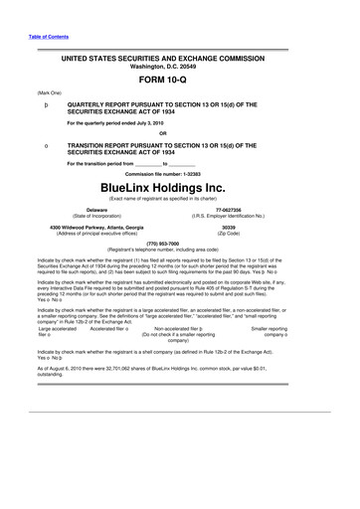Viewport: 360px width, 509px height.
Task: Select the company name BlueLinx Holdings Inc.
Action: click(179, 186)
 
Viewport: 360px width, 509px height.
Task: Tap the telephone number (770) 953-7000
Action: click(179, 243)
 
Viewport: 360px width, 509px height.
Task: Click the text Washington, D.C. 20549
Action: click(179, 70)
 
